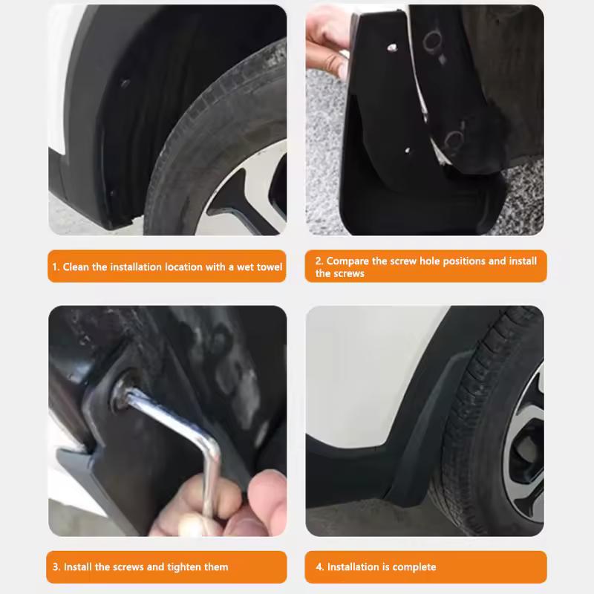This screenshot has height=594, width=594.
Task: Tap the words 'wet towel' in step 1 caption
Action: pyautogui.click(x=259, y=267)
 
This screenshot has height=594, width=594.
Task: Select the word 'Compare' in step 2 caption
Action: pyautogui.click(x=347, y=261)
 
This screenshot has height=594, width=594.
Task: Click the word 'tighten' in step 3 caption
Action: pyautogui.click(x=184, y=567)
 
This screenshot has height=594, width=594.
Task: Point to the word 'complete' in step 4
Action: pyautogui.click(x=414, y=567)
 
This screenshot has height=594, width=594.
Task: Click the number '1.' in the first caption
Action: pyautogui.click(x=56, y=267)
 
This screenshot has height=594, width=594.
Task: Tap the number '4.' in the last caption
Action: pyautogui.click(x=320, y=567)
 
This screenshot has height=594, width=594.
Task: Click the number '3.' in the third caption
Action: pyautogui.click(x=56, y=567)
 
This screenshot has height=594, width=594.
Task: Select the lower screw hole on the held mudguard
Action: pyautogui.click(x=408, y=150)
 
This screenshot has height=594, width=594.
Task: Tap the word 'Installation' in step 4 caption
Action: pyautogui.click(x=353, y=567)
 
